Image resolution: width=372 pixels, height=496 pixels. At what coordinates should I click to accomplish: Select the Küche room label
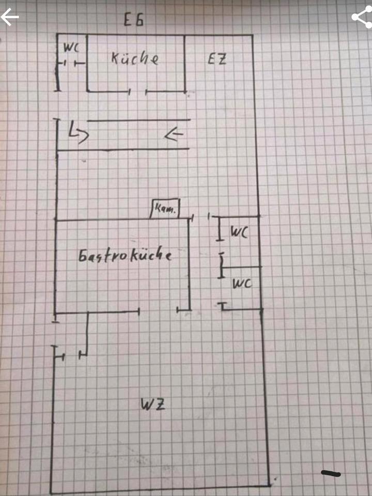point(135,58)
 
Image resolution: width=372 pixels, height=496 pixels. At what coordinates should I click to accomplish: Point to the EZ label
point(217,59)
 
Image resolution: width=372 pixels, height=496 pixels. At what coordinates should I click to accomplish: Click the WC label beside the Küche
point(71,48)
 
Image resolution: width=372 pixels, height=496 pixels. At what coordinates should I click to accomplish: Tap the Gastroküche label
point(125,256)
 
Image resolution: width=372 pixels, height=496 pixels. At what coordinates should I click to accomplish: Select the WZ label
point(153,405)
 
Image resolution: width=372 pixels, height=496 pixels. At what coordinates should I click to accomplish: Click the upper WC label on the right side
point(239,233)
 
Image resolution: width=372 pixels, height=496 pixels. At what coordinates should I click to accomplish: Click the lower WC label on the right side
point(242,283)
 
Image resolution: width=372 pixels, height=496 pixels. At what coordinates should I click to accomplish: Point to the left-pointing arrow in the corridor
point(174,135)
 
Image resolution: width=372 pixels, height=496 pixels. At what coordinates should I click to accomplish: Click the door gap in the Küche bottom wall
point(138,92)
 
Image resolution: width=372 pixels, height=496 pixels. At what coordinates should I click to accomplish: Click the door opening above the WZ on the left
point(71,355)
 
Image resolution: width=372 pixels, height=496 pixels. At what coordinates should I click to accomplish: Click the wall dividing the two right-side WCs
point(242,267)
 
